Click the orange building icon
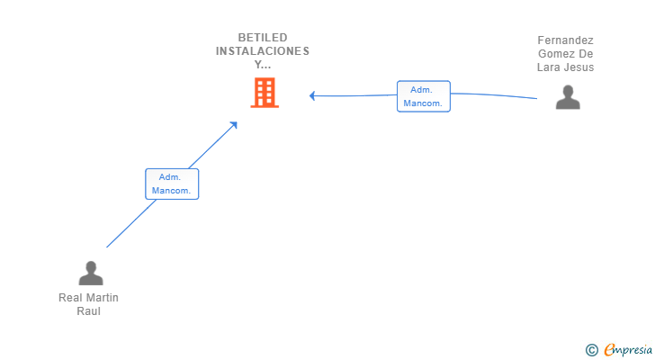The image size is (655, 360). [265, 93]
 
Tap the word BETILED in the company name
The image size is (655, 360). [263, 38]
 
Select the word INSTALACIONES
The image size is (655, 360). [263, 51]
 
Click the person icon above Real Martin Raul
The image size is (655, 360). [91, 273]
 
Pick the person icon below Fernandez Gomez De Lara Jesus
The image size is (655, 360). [568, 97]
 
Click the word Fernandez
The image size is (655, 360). [565, 40]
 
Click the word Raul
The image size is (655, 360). [88, 311]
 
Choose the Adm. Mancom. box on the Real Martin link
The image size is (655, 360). [172, 184]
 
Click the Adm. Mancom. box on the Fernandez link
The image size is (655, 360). [423, 96]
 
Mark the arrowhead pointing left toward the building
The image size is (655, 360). [312, 95]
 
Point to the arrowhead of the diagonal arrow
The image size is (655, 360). [234, 125]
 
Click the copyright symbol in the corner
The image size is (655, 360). [591, 350]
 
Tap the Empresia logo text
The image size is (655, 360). [628, 350]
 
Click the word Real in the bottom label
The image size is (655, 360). [68, 298]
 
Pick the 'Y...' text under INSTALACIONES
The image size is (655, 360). [263, 64]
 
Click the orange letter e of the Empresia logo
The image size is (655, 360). [609, 350]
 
